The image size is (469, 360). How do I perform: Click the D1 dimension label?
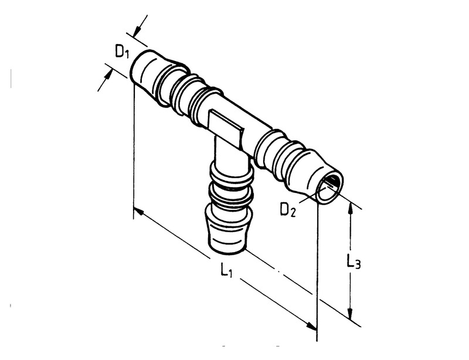coord(121,52)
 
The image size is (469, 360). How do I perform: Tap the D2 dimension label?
coord(287,209)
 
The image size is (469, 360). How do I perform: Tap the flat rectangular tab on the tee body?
coord(225,126)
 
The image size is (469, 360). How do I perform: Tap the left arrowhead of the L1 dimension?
coord(138,212)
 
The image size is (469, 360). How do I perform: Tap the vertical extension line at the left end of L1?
coord(134,152)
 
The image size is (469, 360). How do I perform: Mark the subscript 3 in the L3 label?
coord(357,266)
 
